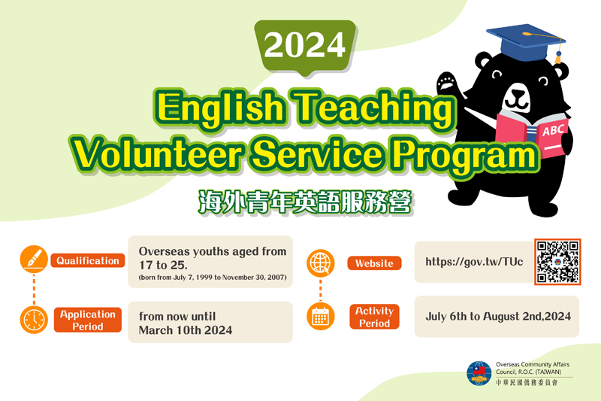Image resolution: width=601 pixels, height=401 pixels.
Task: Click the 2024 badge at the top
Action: coord(305,47)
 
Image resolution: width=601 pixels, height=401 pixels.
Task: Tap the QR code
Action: coord(557,262)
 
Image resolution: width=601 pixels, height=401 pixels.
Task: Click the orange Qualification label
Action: coord(88,260)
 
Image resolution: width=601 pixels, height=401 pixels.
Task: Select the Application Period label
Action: coord(88,320)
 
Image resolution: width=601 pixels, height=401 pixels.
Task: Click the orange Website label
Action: coord(374,263)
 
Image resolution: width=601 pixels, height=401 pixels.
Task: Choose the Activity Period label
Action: coord(374,317)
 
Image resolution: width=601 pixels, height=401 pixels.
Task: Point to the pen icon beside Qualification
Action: coord(34,259)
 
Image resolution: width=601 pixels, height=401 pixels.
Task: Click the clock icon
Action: coord(34,320)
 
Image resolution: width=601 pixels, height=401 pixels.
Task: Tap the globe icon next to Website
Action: coord(321,263)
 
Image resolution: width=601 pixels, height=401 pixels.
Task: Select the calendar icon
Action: coord(321,317)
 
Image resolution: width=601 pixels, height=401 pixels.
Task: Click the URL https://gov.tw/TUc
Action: coord(474,262)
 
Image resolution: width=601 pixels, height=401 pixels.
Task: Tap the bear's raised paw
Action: coord(448,82)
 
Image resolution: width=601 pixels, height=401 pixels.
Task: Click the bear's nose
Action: coord(518,93)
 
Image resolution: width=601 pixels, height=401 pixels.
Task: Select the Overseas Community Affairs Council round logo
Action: coord(479,373)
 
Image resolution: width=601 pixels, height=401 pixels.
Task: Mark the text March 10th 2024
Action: coord(186,330)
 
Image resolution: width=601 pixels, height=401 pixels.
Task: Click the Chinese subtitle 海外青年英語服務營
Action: coord(305,202)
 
